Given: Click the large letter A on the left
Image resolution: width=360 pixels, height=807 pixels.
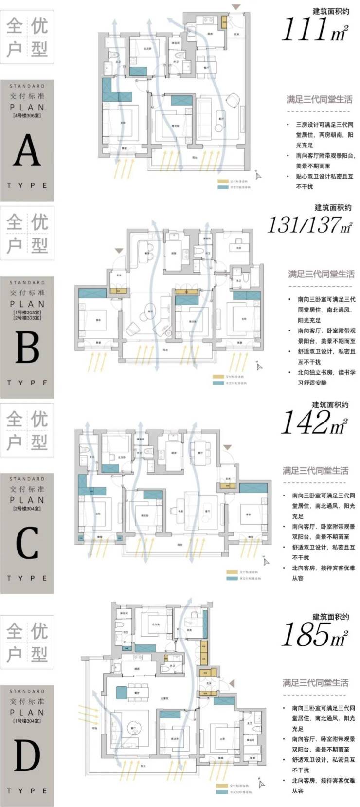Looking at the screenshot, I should click(27, 151).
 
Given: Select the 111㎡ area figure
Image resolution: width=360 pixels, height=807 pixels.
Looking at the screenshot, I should click(314, 29).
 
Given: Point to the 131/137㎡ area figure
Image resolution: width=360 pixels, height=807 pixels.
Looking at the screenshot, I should click(309, 225).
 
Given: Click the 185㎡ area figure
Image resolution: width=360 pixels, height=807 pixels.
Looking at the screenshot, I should click(314, 634).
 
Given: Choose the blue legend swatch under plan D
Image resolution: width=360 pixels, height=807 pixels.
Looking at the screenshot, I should click(221, 792).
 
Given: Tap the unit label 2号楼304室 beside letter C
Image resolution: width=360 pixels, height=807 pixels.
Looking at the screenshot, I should click(27, 509).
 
